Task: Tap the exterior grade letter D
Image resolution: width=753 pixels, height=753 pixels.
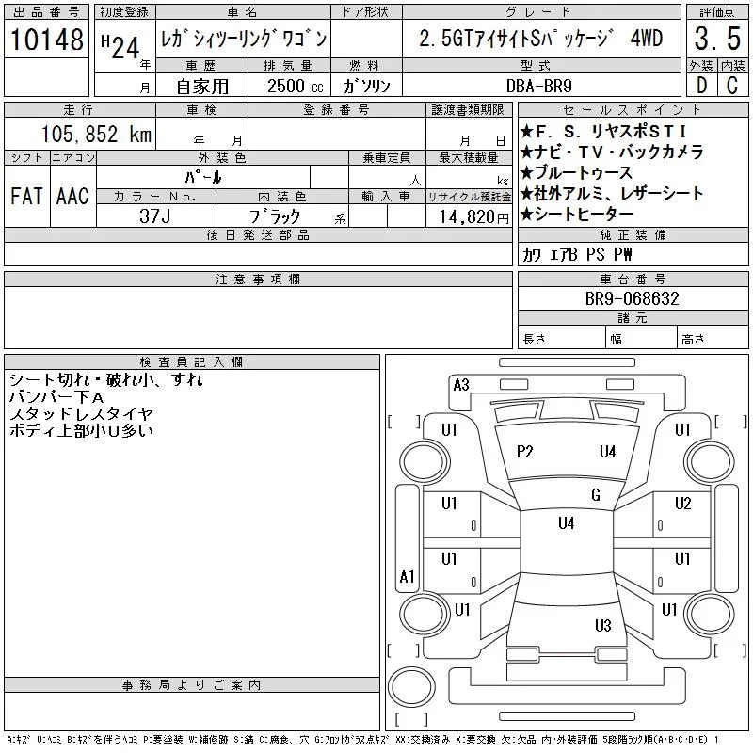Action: (x=700, y=85)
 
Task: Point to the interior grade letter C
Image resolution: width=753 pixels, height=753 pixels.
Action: (x=731, y=85)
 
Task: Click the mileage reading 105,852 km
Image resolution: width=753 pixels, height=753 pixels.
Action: (x=97, y=134)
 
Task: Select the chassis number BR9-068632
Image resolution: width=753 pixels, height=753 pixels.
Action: (x=633, y=298)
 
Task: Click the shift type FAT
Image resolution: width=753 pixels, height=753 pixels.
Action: (x=26, y=196)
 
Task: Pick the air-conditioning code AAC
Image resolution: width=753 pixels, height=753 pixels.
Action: (x=72, y=196)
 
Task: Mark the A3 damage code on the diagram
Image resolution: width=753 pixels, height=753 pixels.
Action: (x=461, y=384)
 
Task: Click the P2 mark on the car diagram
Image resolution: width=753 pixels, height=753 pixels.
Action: (x=525, y=452)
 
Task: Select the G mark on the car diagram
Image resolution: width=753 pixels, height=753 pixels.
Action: (x=596, y=495)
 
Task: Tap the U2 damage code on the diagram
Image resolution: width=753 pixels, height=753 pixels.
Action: (x=683, y=503)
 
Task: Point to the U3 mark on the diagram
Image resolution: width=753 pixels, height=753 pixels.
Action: (x=603, y=625)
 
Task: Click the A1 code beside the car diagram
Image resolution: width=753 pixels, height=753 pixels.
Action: (x=408, y=576)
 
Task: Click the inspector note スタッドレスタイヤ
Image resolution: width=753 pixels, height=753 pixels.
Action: (x=81, y=413)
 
